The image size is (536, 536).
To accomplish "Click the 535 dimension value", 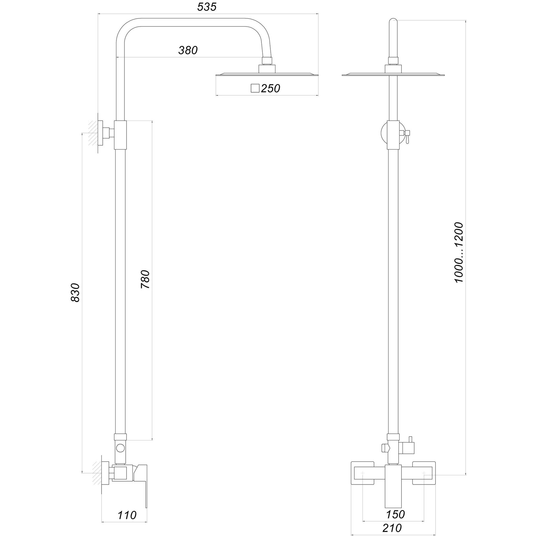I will [x=207, y=7].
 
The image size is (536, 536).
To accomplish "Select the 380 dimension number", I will [x=188, y=51].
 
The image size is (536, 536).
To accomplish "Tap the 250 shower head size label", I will [x=270, y=88].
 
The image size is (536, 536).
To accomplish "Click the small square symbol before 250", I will [x=255, y=88].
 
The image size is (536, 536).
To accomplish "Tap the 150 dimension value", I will [x=396, y=506].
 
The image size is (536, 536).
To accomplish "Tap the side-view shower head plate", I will [x=267, y=74].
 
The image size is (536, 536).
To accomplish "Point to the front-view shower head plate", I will [x=393, y=74].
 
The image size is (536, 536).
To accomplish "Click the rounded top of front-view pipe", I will [x=393, y=22].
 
